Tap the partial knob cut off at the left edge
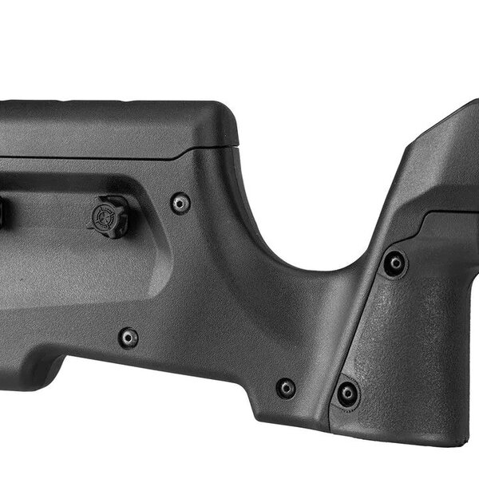pyautogui.click(x=2, y=211)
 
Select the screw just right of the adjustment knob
pyautogui.click(x=181, y=203)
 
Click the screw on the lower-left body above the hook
pyautogui.click(x=128, y=338)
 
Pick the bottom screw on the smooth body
pyautogui.click(x=285, y=388)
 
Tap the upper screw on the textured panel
pyautogui.click(x=394, y=263)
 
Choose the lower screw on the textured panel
pyautogui.click(x=347, y=392)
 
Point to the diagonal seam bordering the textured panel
pyautogui.click(x=351, y=319)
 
